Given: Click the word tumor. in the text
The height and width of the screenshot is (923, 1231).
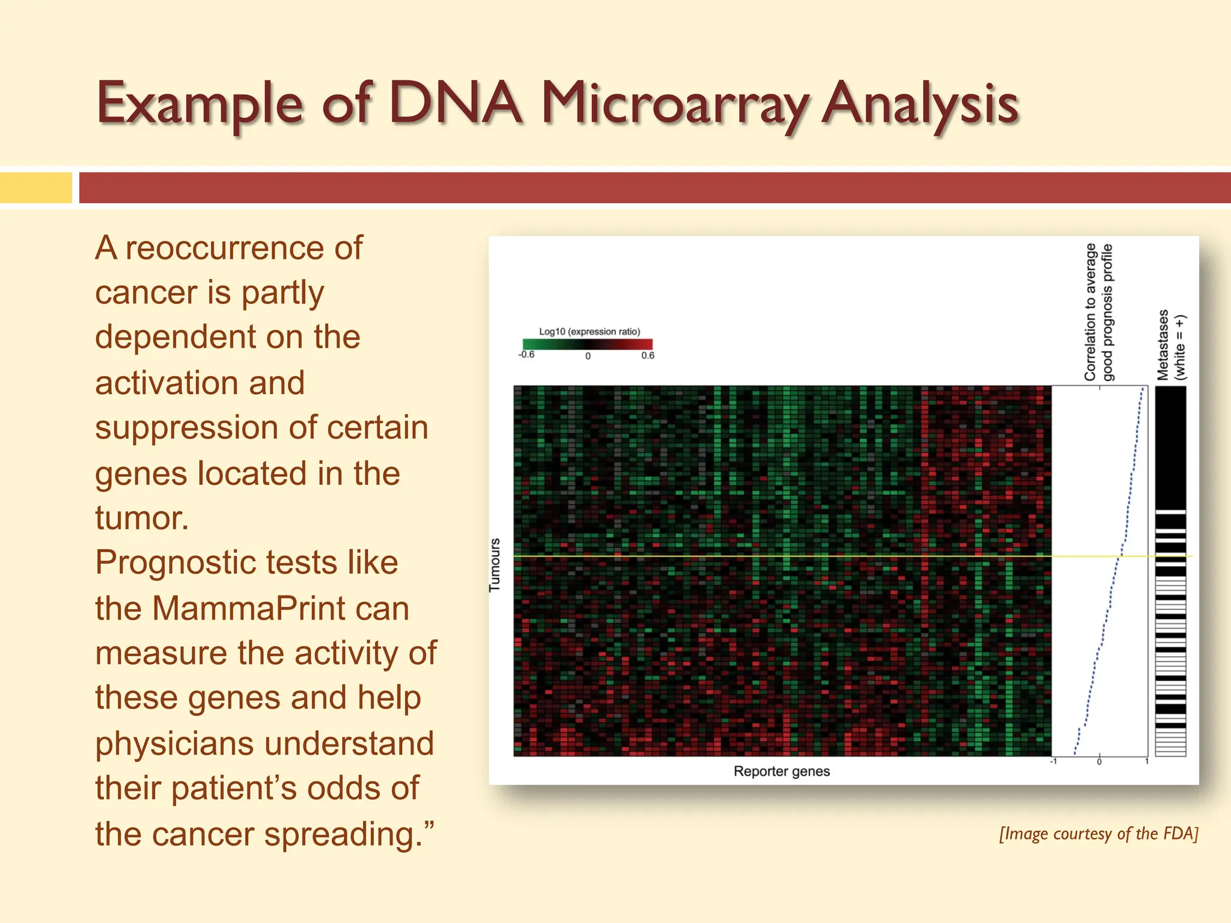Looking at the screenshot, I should point(142,518).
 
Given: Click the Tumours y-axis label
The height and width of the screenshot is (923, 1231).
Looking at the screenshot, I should point(495,565).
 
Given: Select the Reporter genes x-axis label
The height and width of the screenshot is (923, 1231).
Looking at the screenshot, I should point(781,771).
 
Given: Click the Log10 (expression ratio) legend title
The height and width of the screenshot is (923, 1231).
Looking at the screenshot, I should point(589,331).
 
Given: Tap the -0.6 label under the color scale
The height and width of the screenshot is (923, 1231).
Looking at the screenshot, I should point(527,355).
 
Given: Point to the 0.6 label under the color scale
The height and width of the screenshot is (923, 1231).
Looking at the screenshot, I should point(647,355).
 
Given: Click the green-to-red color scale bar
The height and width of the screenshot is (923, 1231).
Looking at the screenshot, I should point(587,344).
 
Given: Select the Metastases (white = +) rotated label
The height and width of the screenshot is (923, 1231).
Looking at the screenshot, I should point(1171,345).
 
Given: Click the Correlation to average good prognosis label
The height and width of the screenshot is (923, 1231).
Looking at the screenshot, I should point(1098,312).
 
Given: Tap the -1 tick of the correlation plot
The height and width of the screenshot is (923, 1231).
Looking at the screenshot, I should point(1053,762).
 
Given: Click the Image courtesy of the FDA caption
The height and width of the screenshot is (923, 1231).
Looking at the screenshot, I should point(1098,833).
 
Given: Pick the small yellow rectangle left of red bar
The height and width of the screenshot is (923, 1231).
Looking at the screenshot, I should point(36,187).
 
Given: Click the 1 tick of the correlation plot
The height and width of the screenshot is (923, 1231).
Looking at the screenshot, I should point(1147,762).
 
